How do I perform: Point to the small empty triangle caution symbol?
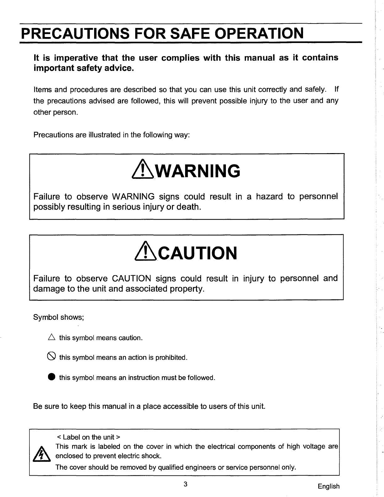coord(52,338)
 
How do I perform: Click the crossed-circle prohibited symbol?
coord(52,357)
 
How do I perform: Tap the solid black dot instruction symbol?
coord(52,377)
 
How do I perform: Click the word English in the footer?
coord(328,486)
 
